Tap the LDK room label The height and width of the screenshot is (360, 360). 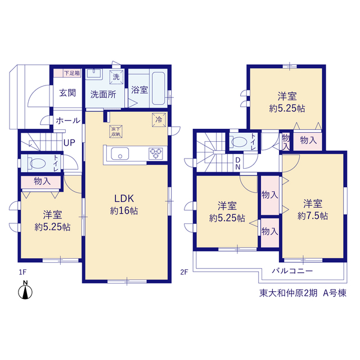[x=124, y=199]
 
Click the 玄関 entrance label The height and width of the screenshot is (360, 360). [x=67, y=93]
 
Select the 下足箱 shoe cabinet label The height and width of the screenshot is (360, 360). [x=72, y=73]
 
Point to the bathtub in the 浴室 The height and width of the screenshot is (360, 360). [x=159, y=88]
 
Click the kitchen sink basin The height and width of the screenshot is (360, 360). [x=120, y=154]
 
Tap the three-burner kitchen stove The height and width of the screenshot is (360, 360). [x=156, y=154]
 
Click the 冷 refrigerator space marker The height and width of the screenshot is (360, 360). [x=159, y=120]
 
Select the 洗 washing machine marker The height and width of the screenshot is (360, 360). [x=116, y=77]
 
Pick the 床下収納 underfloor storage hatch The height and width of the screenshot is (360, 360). [x=116, y=132]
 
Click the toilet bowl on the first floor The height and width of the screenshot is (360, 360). [x=38, y=164]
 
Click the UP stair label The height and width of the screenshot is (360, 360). [x=69, y=143]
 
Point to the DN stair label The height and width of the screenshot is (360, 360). [x=238, y=164]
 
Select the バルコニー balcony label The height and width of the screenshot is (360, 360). [x=292, y=271]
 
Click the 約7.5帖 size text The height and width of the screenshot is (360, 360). [x=313, y=216]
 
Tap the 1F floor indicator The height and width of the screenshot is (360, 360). [x=22, y=272]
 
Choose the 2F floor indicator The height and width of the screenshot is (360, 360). [x=184, y=272]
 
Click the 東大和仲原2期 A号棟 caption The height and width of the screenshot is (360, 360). [x=303, y=293]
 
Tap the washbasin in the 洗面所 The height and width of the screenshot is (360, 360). [x=94, y=74]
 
